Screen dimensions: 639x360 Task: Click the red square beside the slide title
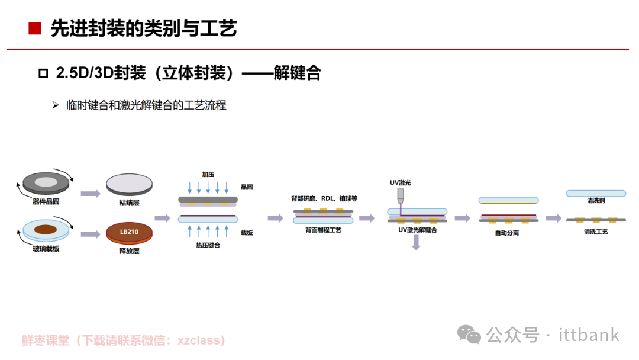coord(35,28)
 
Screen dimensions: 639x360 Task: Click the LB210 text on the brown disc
coord(129,232)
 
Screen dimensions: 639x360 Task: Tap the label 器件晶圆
coord(46,201)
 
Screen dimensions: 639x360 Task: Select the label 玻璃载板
coord(46,249)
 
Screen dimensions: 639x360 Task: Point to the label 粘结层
coord(129,202)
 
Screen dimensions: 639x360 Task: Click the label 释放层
coord(129,250)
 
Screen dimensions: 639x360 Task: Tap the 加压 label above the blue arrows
coord(208,175)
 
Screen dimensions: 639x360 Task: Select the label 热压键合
coord(208,245)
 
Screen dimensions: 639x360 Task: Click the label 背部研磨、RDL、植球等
coord(324,198)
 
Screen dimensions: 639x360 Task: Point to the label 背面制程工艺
coord(324,230)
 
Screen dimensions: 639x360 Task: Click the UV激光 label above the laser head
coord(400,182)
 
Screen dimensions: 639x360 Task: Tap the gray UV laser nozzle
coord(401,196)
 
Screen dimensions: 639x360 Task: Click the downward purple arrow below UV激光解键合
coord(416,243)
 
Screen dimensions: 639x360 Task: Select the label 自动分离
coord(507,233)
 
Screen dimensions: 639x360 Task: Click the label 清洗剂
coord(596,200)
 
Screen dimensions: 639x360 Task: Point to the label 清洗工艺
coord(596,232)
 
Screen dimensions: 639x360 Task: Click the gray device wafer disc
coord(46,183)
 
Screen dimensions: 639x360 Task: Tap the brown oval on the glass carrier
coord(46,229)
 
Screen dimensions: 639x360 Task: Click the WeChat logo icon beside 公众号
coord(469,335)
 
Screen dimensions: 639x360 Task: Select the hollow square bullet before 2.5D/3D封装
coord(43,73)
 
